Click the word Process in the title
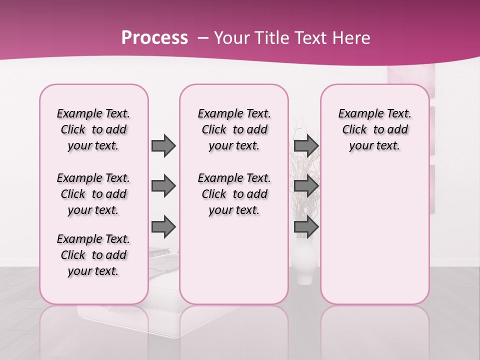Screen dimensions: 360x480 coord(154,38)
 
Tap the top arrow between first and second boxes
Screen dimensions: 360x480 coord(163,145)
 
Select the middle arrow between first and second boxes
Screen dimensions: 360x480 coord(163,186)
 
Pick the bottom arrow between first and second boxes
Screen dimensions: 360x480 coord(163,227)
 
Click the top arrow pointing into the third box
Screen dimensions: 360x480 coord(306,145)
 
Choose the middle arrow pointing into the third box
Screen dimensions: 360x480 coord(306,186)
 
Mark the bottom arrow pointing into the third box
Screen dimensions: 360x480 coord(306,227)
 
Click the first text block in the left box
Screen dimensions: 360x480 coord(93,129)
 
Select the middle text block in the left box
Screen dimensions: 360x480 coord(93,194)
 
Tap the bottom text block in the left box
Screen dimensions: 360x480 coord(93,255)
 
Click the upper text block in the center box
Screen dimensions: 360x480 coord(234,129)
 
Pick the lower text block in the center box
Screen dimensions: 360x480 coord(234,194)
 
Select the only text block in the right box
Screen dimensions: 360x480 coord(374,129)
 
